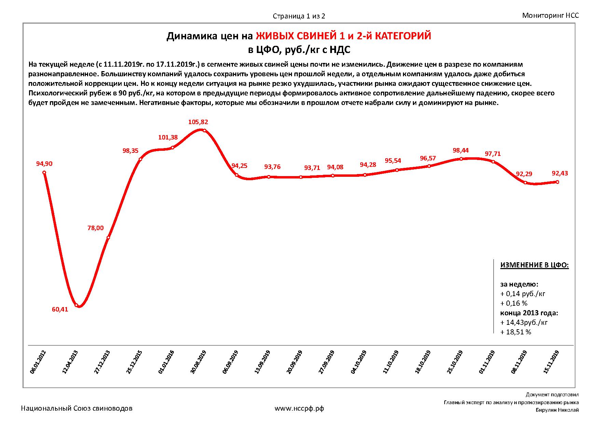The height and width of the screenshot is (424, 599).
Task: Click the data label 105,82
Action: (x=198, y=122)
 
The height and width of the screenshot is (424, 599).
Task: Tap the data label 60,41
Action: (x=60, y=309)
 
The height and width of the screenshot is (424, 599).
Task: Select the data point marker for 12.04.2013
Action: (x=76, y=305)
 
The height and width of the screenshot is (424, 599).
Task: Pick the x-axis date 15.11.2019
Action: (x=551, y=362)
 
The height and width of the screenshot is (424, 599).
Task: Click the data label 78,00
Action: (x=96, y=228)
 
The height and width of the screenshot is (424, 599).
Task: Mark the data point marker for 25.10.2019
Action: (x=461, y=159)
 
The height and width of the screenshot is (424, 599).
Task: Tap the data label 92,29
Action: (x=524, y=174)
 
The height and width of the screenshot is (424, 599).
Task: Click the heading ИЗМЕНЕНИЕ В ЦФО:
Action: (x=534, y=265)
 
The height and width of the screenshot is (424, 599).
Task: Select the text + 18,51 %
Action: (x=516, y=332)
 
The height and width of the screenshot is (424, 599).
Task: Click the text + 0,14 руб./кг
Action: (x=523, y=293)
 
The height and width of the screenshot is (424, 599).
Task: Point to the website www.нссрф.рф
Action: (x=299, y=408)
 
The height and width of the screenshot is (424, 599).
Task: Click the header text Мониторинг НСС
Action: (x=551, y=15)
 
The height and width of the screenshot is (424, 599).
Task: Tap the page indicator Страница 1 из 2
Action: (x=299, y=16)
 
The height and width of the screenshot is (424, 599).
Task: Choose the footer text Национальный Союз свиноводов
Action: (x=77, y=408)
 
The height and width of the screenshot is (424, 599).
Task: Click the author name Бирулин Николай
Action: (x=557, y=410)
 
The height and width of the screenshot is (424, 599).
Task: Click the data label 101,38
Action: (x=168, y=137)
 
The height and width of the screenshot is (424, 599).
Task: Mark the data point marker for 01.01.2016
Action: (x=172, y=148)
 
